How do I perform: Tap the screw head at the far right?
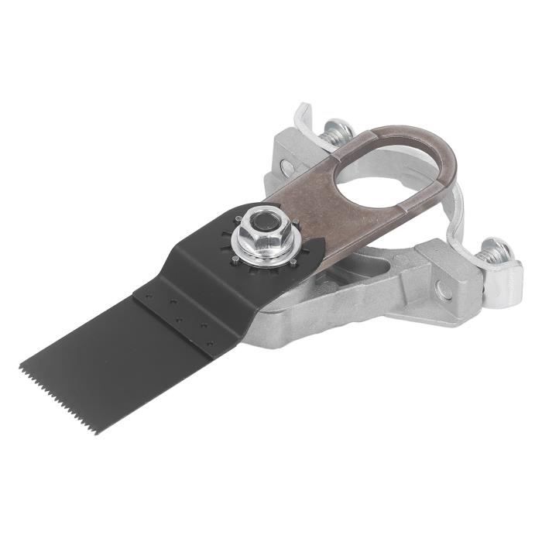pyautogui.click(x=496, y=252)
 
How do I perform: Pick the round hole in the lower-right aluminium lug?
pyautogui.click(x=442, y=290)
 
